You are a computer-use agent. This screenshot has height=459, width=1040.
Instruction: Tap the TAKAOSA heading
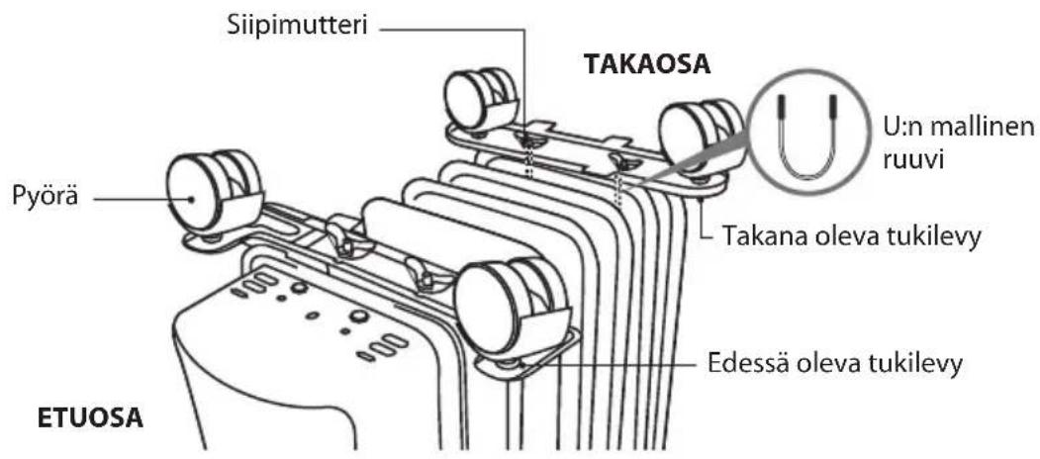[646, 64]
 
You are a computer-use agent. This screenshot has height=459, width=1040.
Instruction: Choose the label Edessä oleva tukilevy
[834, 364]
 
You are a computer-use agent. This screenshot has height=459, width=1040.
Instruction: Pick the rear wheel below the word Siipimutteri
[482, 101]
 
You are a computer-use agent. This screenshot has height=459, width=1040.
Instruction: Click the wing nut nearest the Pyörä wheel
[342, 236]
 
